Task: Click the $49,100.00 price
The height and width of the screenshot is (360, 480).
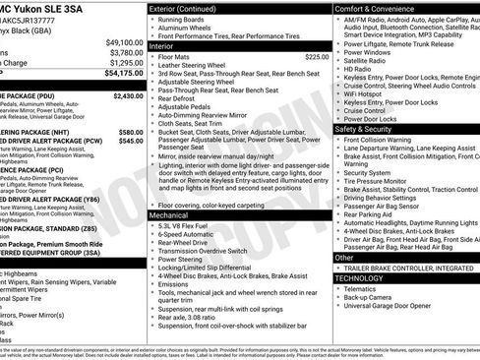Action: coord(124,42)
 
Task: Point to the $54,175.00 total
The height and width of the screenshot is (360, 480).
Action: coord(124,73)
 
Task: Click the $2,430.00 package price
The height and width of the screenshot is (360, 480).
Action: coord(128,96)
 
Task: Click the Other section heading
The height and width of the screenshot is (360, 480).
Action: coord(344,257)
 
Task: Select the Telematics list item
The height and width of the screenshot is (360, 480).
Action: coord(363,289)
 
